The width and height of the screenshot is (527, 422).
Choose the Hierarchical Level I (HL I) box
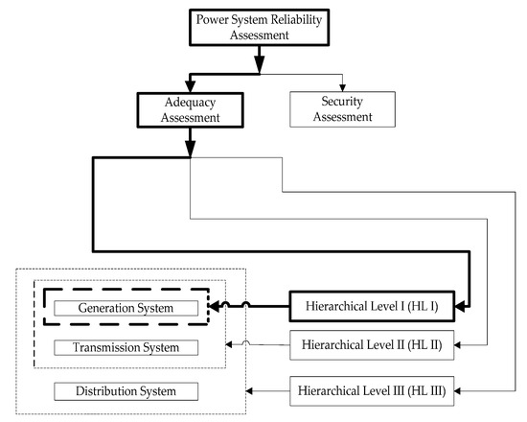pyautogui.click(x=373, y=307)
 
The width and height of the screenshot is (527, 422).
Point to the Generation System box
pyautogui.click(x=126, y=308)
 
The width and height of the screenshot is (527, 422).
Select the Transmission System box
pyautogui.click(x=126, y=346)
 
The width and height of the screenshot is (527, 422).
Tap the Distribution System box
pyautogui.click(x=126, y=391)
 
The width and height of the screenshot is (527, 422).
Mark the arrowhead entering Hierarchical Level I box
pyautogui.click(x=461, y=307)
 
